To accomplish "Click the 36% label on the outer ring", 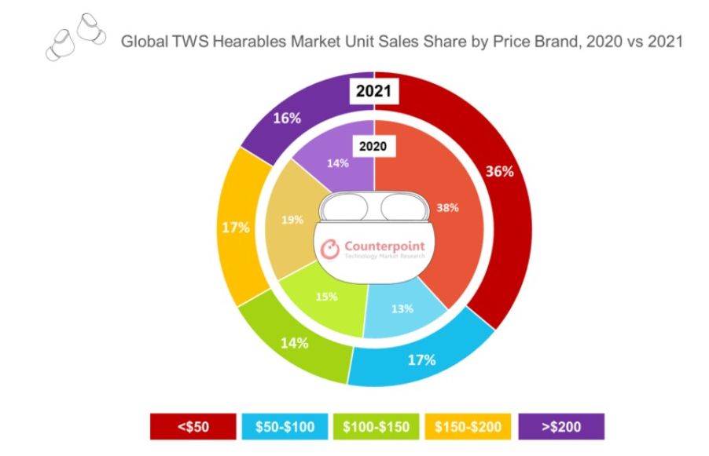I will click(499, 171).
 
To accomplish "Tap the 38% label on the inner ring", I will click(447, 208).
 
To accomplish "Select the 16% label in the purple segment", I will click(288, 119).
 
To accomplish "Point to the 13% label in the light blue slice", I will click(402, 308).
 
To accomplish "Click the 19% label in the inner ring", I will click(292, 220).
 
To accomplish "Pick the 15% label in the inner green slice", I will click(327, 297).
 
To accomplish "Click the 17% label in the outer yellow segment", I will click(235, 228).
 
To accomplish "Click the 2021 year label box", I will click(375, 91).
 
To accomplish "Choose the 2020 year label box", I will click(374, 146).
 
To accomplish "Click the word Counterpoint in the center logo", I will click(383, 246).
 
